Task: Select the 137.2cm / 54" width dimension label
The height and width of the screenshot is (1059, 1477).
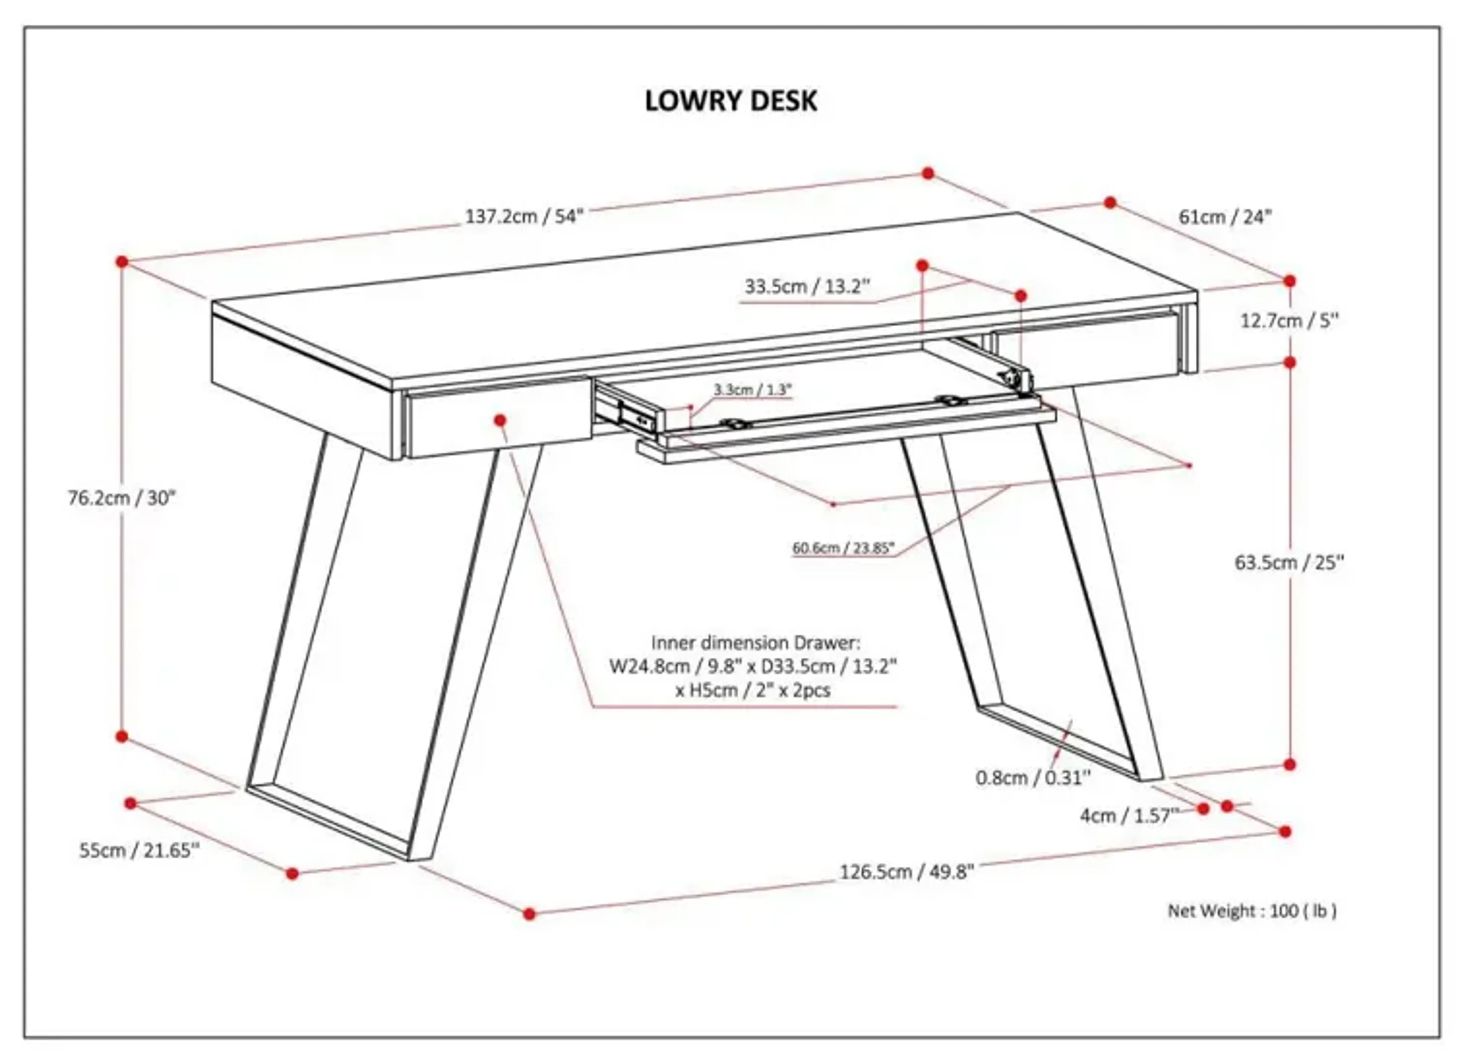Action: click(x=524, y=216)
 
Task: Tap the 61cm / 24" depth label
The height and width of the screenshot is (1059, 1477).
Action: click(x=1224, y=217)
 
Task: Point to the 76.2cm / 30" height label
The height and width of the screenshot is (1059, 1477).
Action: click(x=122, y=498)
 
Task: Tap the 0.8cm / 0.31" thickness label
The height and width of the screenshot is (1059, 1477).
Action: click(x=1032, y=778)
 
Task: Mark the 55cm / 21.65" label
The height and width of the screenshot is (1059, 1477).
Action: click(x=139, y=851)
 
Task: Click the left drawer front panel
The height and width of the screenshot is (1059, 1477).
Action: click(x=456, y=427)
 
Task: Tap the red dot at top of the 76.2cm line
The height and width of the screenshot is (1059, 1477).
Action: click(x=122, y=262)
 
